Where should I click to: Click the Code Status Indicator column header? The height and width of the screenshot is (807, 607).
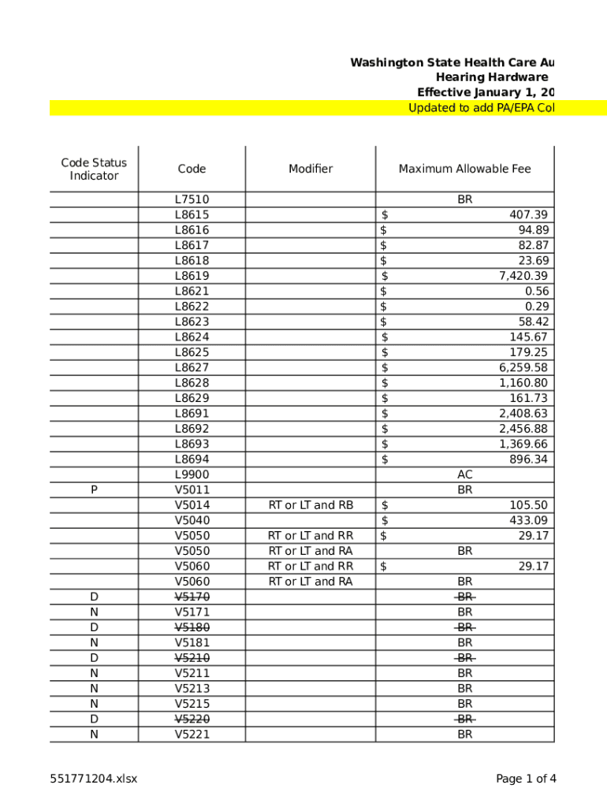tap(94, 169)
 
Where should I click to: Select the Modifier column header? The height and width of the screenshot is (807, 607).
tap(311, 169)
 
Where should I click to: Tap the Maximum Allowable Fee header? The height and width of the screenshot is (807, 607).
tap(464, 169)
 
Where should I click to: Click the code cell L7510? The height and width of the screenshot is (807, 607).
tap(192, 200)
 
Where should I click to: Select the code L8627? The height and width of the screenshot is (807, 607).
tap(192, 368)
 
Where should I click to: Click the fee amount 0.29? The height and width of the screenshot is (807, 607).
tap(537, 307)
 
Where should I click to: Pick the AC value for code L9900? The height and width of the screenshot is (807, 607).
tap(465, 475)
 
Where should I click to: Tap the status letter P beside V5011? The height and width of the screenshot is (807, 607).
tap(94, 490)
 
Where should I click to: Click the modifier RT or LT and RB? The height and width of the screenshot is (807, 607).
tap(311, 505)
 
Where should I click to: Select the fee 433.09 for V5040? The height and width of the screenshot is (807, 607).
tap(529, 521)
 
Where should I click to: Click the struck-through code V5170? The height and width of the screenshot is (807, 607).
tap(192, 597)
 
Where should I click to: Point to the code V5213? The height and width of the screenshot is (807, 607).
tap(192, 689)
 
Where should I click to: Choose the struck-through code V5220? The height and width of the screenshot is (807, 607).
tap(192, 720)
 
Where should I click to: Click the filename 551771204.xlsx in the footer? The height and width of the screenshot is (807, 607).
tap(94, 779)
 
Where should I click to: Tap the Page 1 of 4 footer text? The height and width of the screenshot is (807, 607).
tap(526, 779)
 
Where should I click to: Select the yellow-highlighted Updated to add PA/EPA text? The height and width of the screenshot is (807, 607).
tap(480, 108)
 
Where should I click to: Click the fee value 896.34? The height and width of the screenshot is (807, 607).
tap(529, 459)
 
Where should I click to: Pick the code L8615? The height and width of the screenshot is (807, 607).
tap(192, 215)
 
